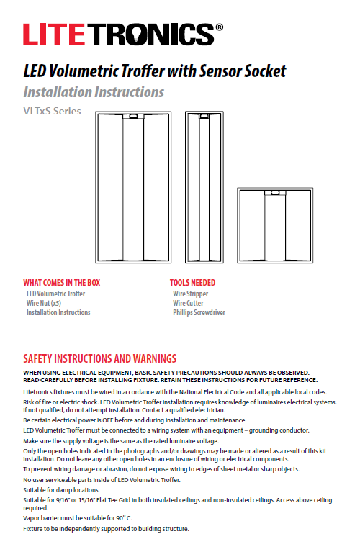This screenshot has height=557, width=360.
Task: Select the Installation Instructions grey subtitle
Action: (x=94, y=92)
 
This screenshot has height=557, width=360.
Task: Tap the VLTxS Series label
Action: (x=53, y=112)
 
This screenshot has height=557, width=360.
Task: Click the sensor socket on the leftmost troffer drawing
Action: (x=135, y=116)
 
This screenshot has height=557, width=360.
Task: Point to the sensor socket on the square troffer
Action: (x=275, y=192)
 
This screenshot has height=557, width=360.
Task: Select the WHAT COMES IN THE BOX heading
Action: (x=62, y=283)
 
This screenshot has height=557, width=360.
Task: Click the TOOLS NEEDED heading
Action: (x=192, y=283)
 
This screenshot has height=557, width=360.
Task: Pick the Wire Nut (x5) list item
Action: (x=44, y=304)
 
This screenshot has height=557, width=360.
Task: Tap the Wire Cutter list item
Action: (x=188, y=304)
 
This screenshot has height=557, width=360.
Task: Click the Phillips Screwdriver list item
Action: (x=199, y=313)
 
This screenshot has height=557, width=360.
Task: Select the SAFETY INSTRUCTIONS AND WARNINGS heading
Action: (x=100, y=358)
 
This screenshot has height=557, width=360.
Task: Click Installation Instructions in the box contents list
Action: (x=58, y=313)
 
